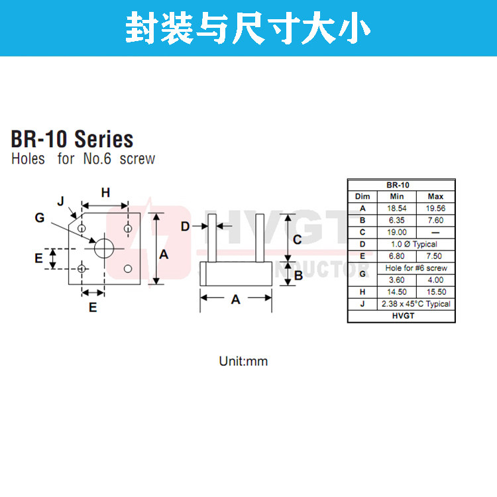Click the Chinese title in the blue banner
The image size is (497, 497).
tap(248, 28)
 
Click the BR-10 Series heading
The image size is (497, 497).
tap(72, 140)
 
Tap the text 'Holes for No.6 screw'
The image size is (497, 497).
tap(83, 159)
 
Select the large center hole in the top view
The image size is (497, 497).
tap(103, 247)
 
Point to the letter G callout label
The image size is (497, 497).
tap(40, 217)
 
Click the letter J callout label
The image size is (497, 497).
tap(60, 201)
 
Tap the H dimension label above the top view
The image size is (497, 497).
tap(105, 193)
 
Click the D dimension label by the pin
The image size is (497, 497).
tap(186, 227)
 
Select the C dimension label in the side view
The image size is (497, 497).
tap(298, 239)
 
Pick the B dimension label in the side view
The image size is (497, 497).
tap(298, 274)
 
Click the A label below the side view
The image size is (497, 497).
tap(235, 300)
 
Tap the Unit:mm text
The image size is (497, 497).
tap(243, 362)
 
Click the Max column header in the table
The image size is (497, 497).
tap(435, 197)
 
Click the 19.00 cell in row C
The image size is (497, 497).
tap(397, 233)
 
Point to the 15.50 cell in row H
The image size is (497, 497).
tap(435, 292)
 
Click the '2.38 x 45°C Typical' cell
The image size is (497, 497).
tap(416, 304)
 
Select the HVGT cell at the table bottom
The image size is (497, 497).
tap(401, 316)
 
